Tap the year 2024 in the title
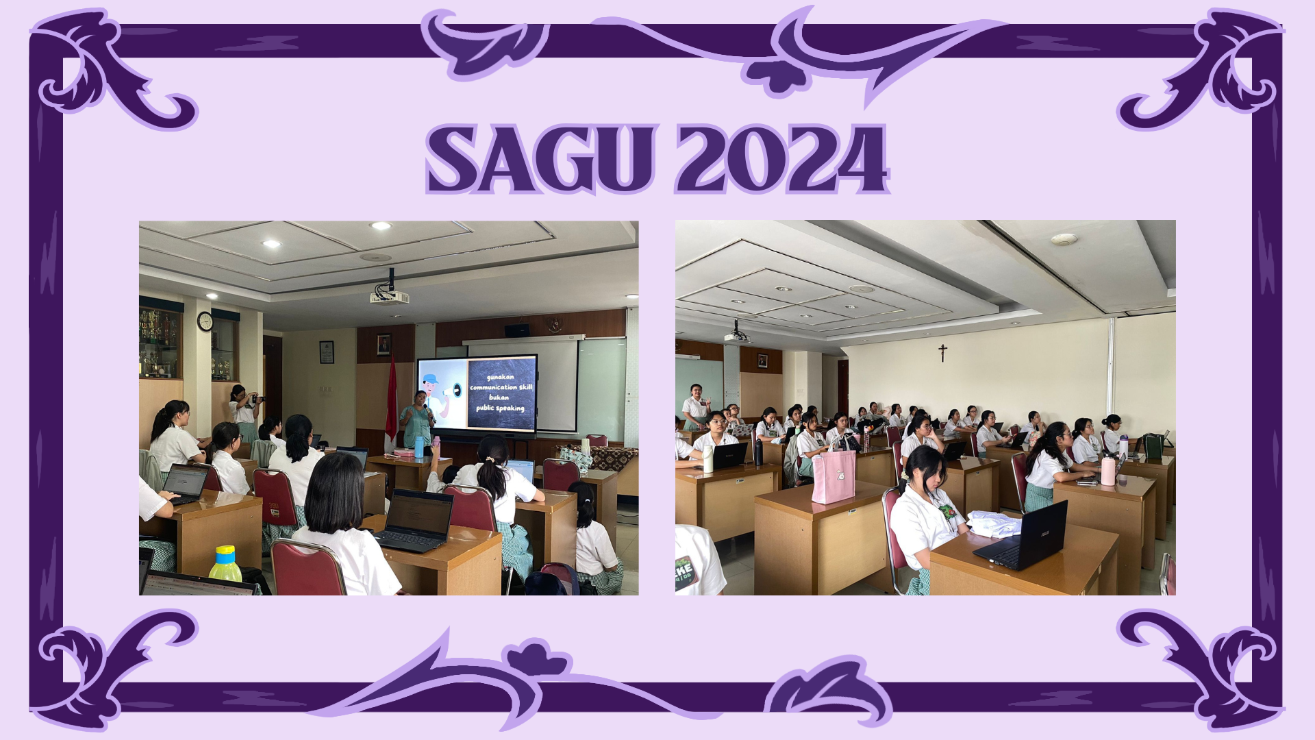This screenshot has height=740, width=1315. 782,158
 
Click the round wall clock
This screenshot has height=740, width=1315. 205,321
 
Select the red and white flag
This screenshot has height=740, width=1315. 391,401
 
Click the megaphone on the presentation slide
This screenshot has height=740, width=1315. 452,391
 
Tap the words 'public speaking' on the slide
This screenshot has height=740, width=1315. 501,408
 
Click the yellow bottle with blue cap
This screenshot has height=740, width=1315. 225,564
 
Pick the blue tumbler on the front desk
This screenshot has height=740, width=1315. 419,447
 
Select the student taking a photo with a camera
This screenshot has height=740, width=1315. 243,412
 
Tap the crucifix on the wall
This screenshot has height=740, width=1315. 942,353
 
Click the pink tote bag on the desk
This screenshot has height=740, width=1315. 834,473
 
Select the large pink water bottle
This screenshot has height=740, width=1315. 1108,469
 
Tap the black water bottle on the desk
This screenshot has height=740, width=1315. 758,452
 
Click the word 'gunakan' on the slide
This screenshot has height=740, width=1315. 501,378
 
